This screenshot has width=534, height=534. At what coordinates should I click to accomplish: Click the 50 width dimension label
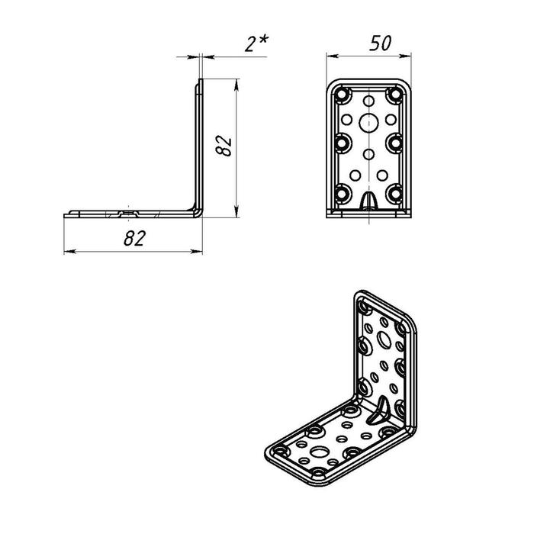(381, 43)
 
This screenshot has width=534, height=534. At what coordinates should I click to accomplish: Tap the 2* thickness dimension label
(256, 44)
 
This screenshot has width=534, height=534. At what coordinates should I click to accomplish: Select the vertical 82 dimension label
(224, 146)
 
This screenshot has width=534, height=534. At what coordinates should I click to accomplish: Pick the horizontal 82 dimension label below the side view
(135, 238)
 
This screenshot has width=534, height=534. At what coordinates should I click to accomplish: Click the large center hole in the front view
(368, 123)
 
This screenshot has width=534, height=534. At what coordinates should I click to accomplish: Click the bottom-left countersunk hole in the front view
(343, 194)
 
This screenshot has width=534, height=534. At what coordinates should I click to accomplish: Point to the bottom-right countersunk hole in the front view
(394, 194)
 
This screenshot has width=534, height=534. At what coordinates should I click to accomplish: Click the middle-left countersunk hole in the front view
(343, 143)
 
